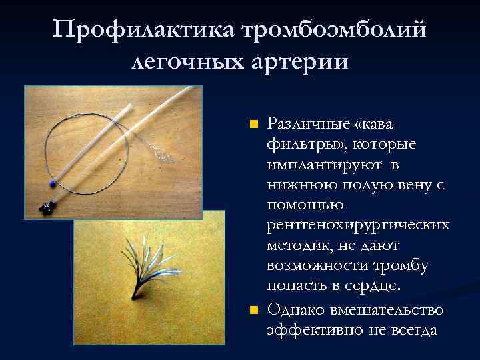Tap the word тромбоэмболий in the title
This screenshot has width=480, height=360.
coord(336,30)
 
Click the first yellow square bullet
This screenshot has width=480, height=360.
coord(253,124)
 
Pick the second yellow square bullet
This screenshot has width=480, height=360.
coord(253,311)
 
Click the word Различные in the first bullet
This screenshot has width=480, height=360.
coord(299,124)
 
